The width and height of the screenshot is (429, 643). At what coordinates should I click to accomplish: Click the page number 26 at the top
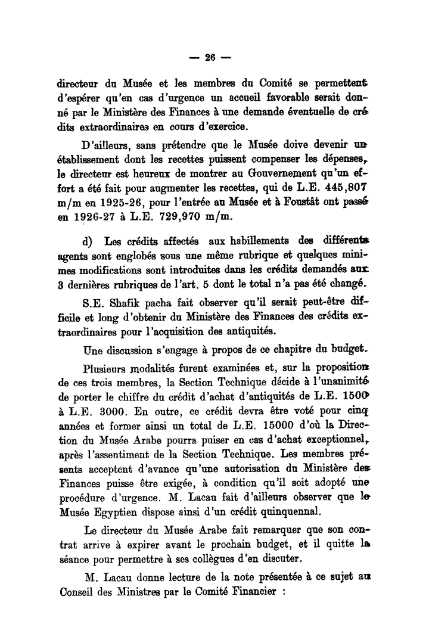click(x=209, y=58)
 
